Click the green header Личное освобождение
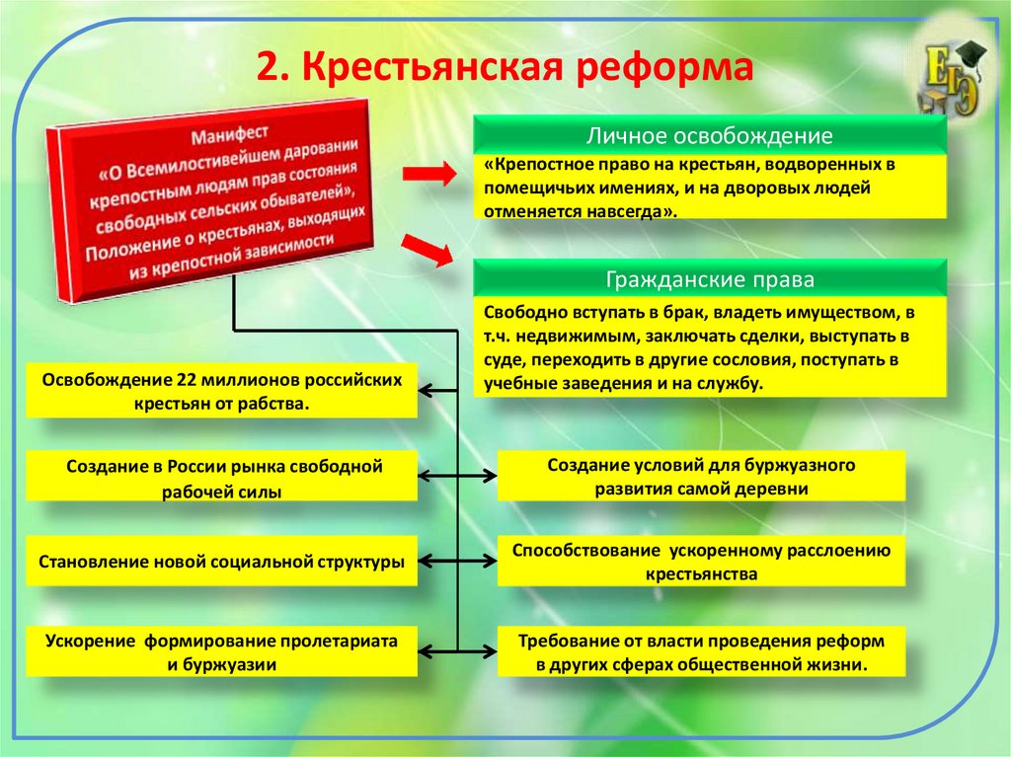[709, 135]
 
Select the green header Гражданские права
[709, 279]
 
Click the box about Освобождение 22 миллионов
[221, 391]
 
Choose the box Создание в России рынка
[221, 477]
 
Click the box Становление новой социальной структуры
[221, 562]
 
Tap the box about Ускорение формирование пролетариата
[221, 651]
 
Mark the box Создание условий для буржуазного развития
[702, 475]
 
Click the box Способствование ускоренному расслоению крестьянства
[702, 562]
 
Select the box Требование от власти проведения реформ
[702, 651]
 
